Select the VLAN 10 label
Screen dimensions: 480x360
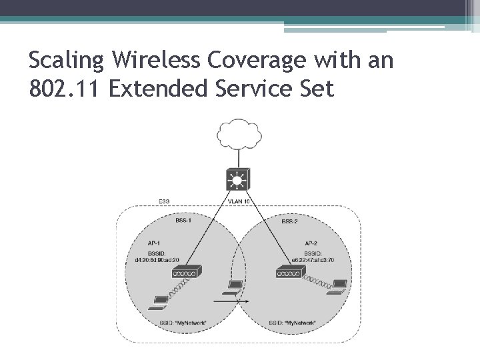[238, 201]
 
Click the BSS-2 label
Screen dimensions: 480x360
[290, 221]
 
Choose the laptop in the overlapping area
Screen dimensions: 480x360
[233, 287]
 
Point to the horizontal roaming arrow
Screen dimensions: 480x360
[237, 301]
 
